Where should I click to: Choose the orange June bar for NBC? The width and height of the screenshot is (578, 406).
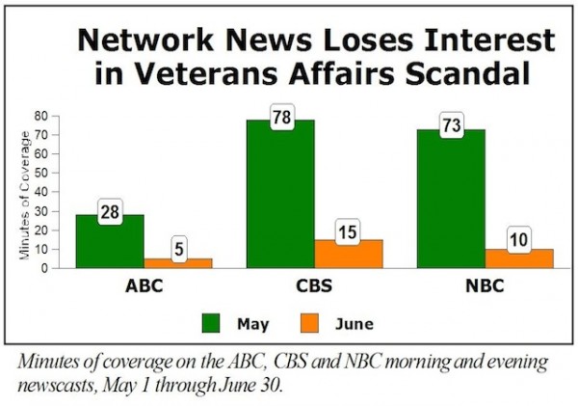tap(518, 258)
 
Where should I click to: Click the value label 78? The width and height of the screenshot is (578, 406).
tap(281, 122)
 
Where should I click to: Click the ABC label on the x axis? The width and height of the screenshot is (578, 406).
tap(144, 286)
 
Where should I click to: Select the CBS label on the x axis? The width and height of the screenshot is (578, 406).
tap(314, 286)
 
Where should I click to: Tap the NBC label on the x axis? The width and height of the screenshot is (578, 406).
tap(485, 286)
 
